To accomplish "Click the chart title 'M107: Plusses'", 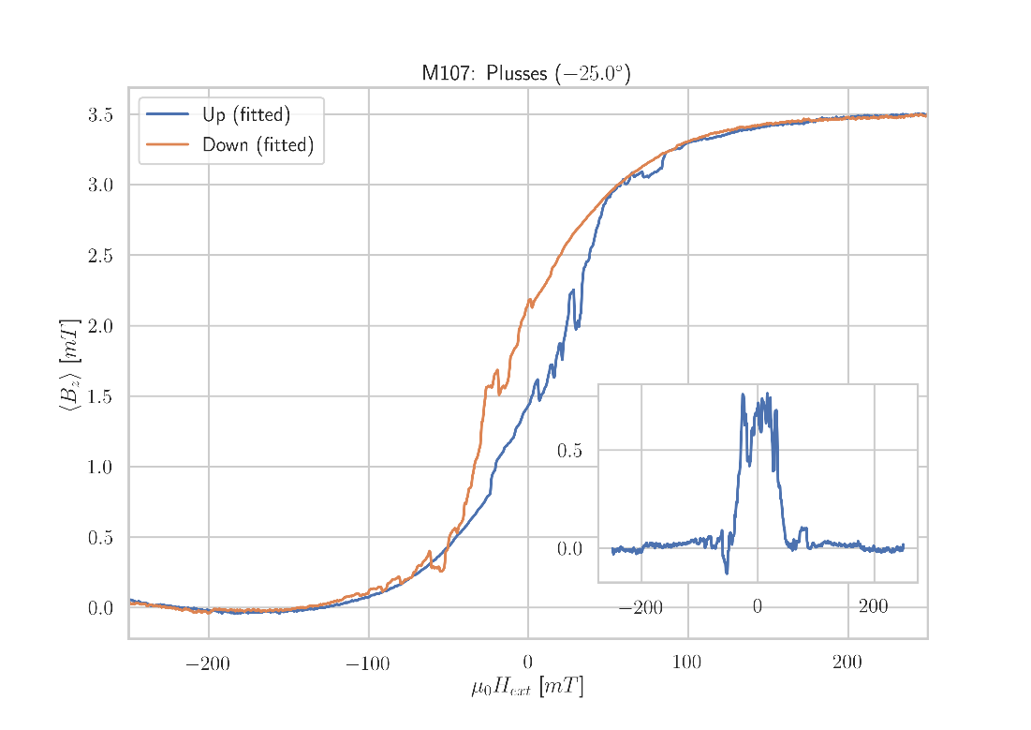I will [x=525, y=73].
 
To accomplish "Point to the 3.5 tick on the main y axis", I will [x=101, y=115].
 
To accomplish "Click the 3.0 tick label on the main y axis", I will [x=101, y=186].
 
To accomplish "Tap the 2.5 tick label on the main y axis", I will [x=101, y=256].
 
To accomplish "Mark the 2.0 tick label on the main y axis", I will [x=101, y=326].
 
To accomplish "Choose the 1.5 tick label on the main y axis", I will [x=101, y=396].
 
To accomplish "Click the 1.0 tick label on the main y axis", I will [x=101, y=467].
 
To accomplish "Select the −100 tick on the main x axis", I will [x=367, y=665].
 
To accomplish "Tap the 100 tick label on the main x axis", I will [x=687, y=664].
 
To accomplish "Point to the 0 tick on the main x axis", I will [x=528, y=664].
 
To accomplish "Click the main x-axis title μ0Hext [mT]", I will [x=527, y=688].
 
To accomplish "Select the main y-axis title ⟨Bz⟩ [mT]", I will [x=70, y=363].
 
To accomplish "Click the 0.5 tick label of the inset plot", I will [x=569, y=451].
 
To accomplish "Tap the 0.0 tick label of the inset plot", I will [x=569, y=549].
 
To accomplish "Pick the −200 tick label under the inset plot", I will [x=641, y=609].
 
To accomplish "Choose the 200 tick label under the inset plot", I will [x=873, y=607].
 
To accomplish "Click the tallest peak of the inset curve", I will [x=743, y=395].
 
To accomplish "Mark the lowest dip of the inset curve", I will [x=727, y=573].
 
